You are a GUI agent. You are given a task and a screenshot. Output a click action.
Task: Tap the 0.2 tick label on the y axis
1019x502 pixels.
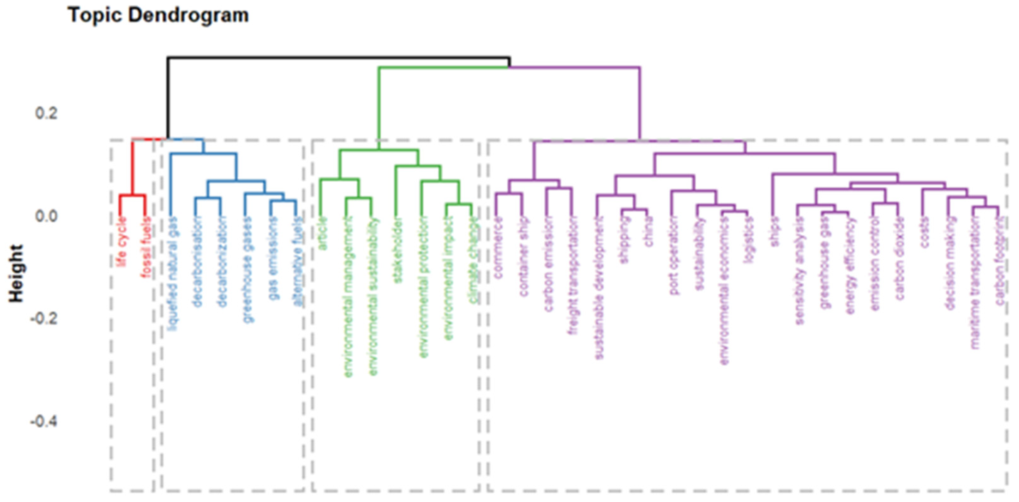(x=46, y=113)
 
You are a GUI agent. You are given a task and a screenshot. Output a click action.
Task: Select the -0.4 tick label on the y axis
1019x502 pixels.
(x=44, y=421)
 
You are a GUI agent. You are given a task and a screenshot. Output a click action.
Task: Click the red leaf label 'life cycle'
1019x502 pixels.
(x=122, y=241)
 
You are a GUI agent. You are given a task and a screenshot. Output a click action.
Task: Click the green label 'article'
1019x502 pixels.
(x=322, y=233)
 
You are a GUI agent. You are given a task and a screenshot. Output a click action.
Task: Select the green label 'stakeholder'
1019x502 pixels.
(x=397, y=249)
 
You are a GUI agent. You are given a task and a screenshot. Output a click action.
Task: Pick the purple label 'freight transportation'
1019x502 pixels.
(x=573, y=275)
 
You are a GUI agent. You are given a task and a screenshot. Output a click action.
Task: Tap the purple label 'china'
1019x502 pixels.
(x=648, y=232)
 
